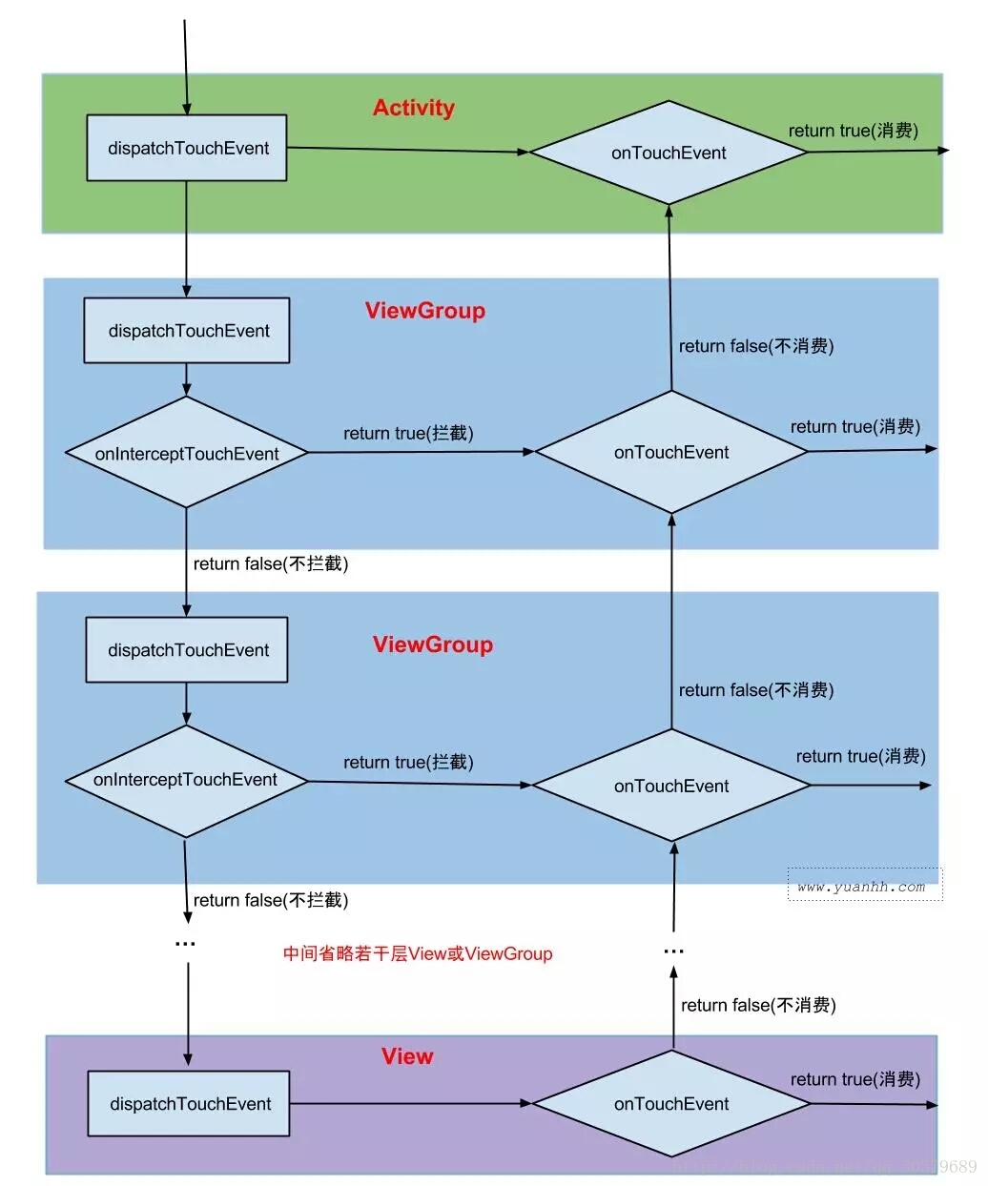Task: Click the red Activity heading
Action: click(x=413, y=108)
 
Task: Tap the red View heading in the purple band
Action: click(x=407, y=1056)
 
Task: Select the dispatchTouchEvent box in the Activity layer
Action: click(x=187, y=148)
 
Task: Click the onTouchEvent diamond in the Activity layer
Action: click(x=669, y=153)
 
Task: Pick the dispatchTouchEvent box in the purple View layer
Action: click(x=189, y=1104)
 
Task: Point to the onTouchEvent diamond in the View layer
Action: click(x=671, y=1104)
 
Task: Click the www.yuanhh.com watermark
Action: click(x=862, y=886)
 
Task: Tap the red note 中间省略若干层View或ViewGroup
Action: click(x=418, y=953)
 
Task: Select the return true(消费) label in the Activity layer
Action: click(x=853, y=131)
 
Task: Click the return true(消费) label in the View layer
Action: click(x=854, y=1079)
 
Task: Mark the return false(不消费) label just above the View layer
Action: click(x=758, y=1005)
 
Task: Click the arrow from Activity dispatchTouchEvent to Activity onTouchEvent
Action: click(x=407, y=150)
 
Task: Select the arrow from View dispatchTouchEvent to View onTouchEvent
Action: click(x=410, y=1104)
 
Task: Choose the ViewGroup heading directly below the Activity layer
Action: click(x=424, y=311)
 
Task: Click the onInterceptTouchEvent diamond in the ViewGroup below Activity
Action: click(x=187, y=454)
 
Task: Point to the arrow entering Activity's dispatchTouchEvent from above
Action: click(x=185, y=67)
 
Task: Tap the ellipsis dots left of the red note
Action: click(x=185, y=944)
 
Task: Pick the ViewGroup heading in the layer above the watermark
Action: click(x=432, y=644)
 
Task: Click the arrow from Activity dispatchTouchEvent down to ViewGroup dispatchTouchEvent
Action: click(x=186, y=238)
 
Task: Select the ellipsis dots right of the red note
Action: click(x=673, y=951)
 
